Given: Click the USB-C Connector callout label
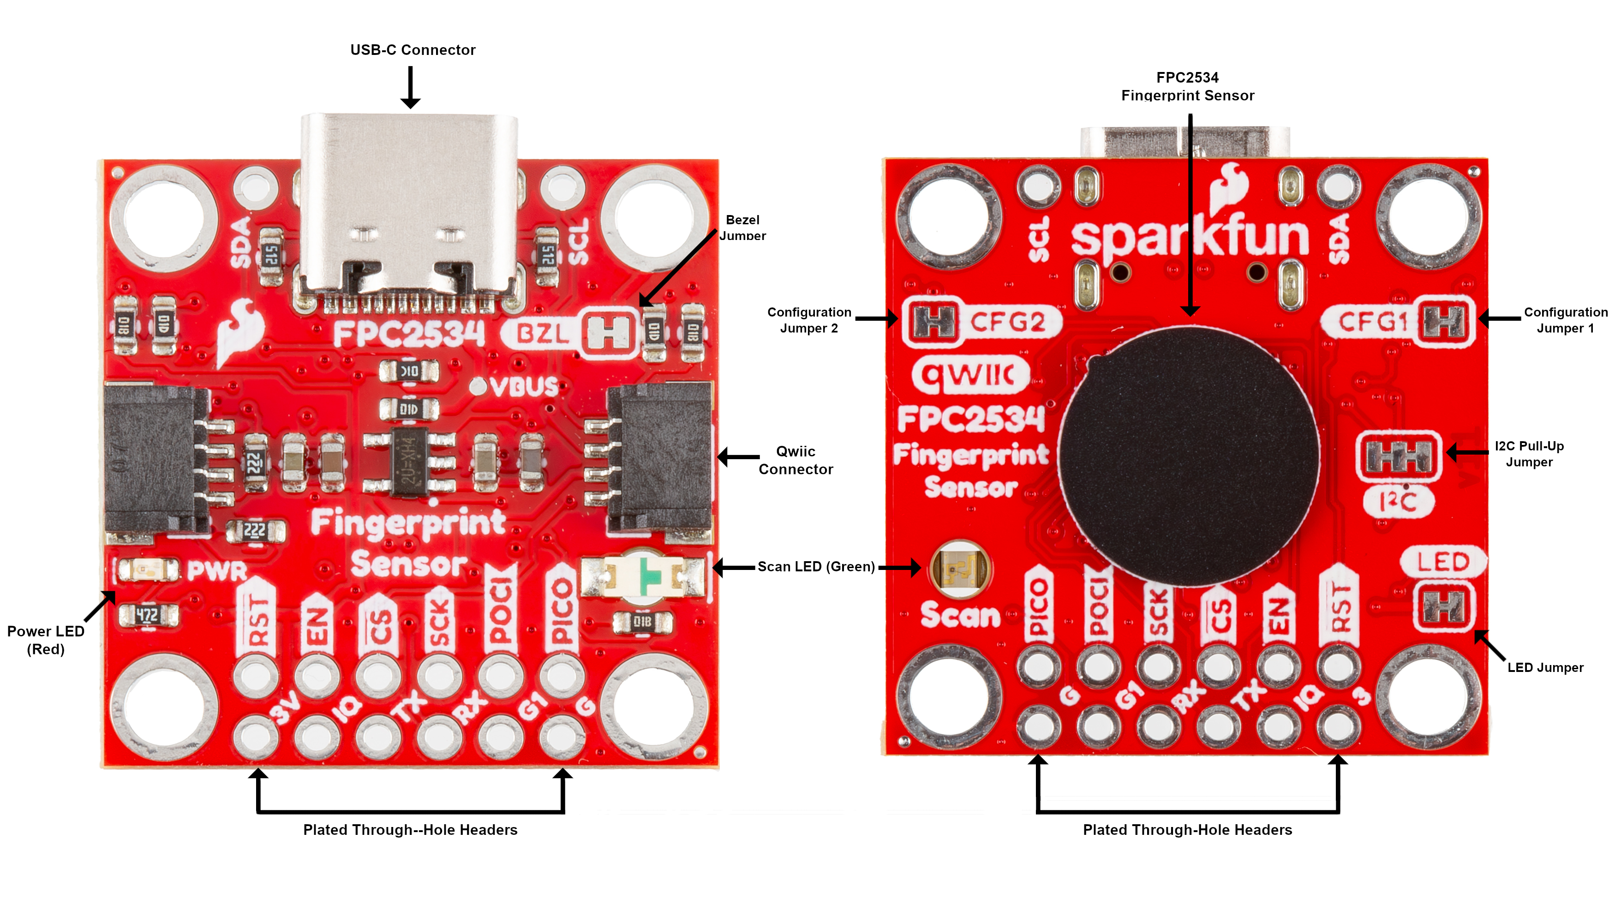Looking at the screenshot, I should [x=413, y=50].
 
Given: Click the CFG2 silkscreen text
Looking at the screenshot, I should [x=1007, y=322].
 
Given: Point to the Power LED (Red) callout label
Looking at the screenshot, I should [x=46, y=640].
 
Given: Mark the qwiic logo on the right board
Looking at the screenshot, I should [x=970, y=375].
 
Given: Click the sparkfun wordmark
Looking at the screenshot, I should [x=1189, y=238].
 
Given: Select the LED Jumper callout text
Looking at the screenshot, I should [x=1545, y=667].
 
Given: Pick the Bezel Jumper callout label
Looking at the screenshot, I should [x=742, y=228].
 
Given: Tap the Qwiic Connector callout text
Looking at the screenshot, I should [x=796, y=460].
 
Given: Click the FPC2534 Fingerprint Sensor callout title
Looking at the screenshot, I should [x=1187, y=86].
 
